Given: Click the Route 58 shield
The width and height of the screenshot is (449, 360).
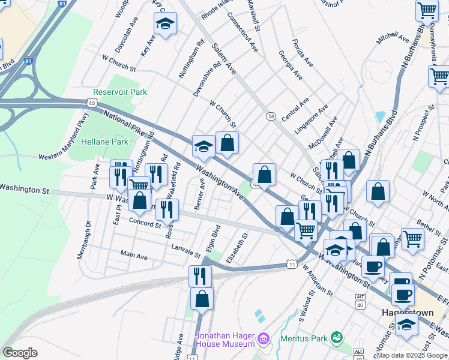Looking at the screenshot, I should click(271, 116).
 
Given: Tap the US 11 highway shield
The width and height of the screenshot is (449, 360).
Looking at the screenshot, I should click(292, 264).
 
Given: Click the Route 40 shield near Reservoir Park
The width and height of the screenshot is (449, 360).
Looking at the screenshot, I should click(92, 103).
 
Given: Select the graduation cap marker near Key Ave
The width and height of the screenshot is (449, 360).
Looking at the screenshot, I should click(165, 24).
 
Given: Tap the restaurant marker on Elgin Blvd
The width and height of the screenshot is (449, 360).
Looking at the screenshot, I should click(200, 276).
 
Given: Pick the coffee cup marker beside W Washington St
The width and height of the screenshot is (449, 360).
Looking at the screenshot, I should click(372, 266).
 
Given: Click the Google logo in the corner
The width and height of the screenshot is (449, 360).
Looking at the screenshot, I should click(20, 353).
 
